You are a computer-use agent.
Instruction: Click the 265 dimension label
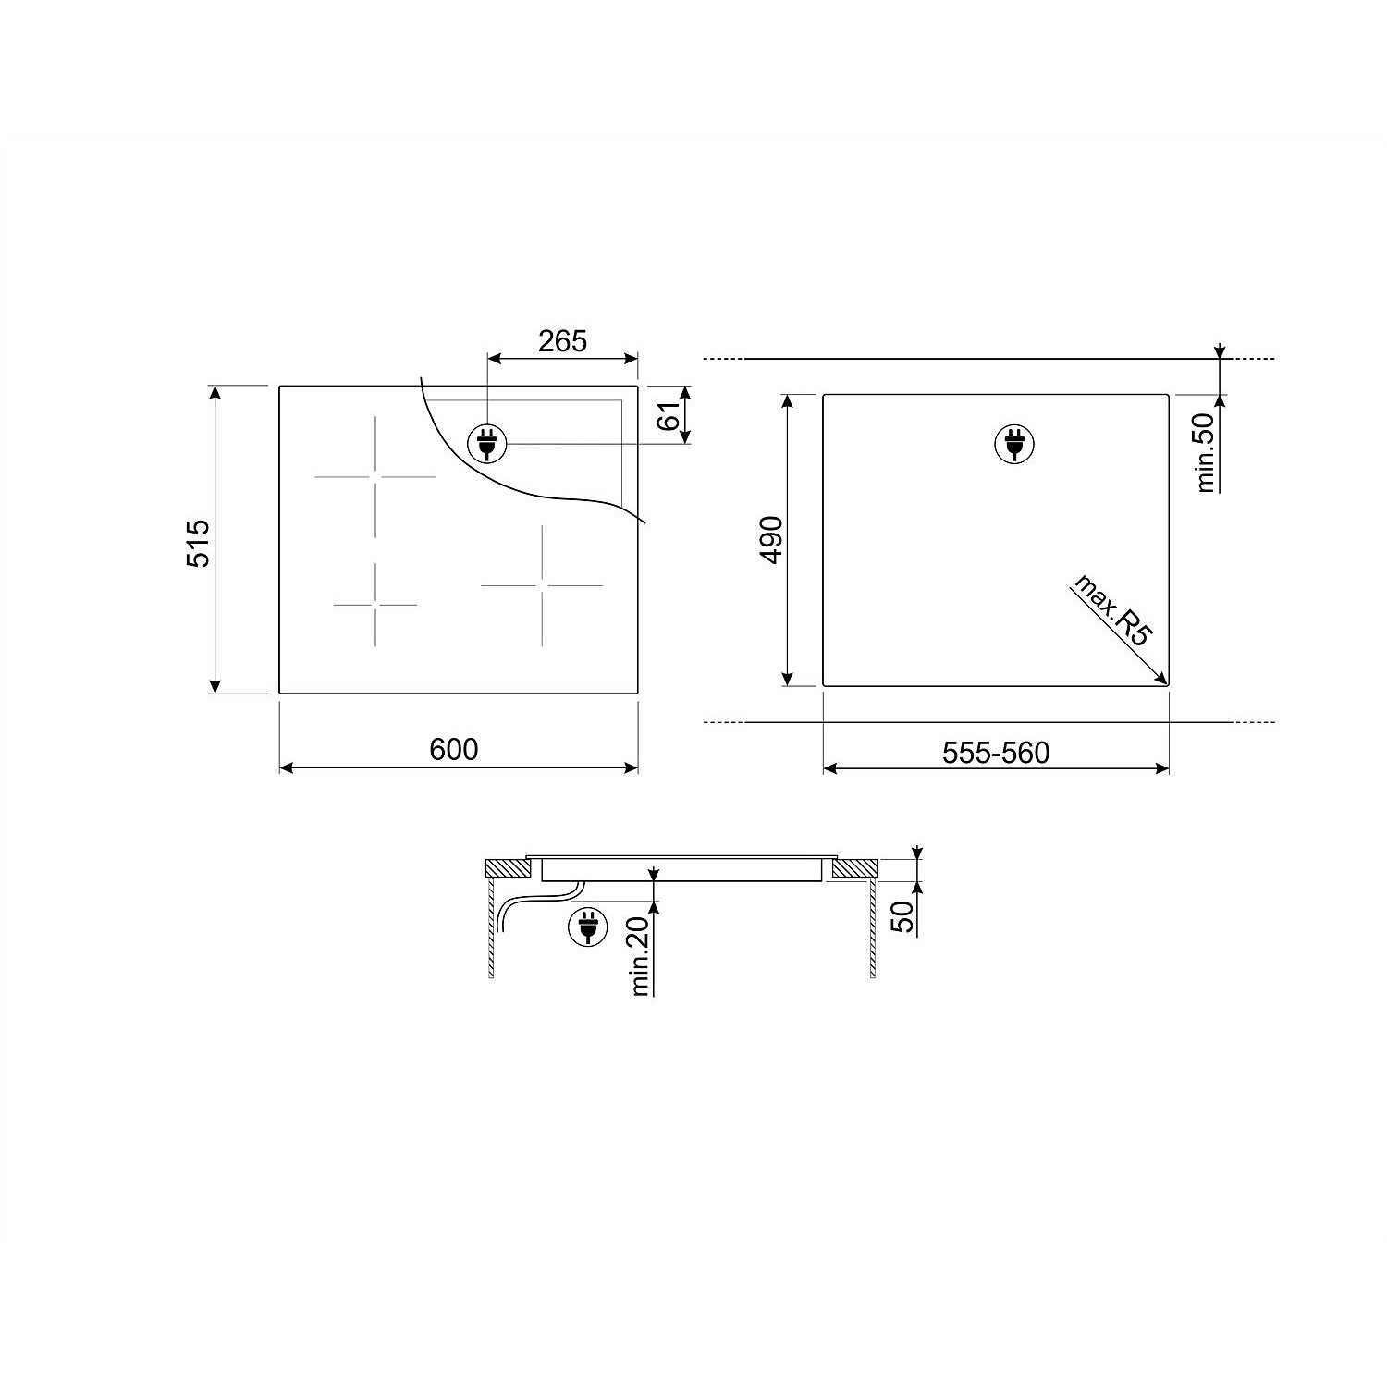tap(562, 341)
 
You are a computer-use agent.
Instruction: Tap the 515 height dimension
tap(198, 543)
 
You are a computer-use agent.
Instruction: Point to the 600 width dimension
tap(454, 748)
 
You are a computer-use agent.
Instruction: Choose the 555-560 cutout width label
tap(996, 753)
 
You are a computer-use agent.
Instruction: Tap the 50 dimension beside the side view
tap(902, 915)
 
